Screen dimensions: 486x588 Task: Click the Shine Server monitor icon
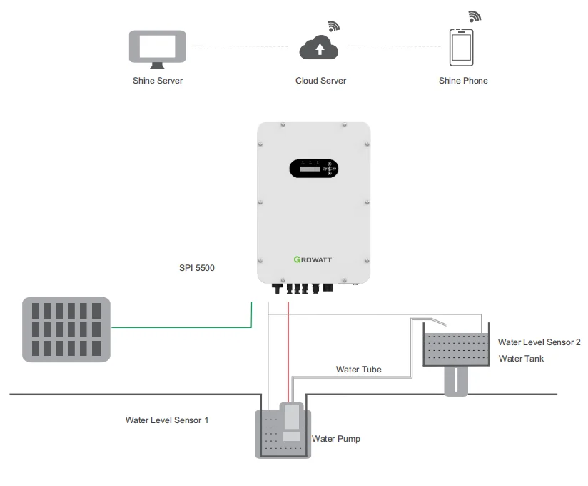click(157, 47)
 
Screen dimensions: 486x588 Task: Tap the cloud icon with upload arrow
click(319, 49)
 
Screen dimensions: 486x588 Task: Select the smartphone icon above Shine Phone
click(462, 47)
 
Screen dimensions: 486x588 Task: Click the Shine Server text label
click(157, 81)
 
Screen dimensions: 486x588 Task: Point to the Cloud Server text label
click(320, 81)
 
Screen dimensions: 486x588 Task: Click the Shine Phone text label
click(463, 81)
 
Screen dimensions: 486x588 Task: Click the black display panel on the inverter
click(313, 169)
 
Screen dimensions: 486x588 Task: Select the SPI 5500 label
click(196, 269)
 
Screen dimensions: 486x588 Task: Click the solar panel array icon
click(66, 329)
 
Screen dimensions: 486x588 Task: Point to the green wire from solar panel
click(178, 328)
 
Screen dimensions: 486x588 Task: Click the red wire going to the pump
click(288, 350)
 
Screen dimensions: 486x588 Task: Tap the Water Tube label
click(358, 370)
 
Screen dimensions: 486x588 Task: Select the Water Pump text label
click(335, 438)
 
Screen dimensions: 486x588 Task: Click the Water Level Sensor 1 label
click(167, 420)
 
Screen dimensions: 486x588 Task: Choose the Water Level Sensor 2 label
click(539, 342)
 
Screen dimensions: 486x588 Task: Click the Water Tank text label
click(521, 358)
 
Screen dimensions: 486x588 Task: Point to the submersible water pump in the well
click(291, 422)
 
